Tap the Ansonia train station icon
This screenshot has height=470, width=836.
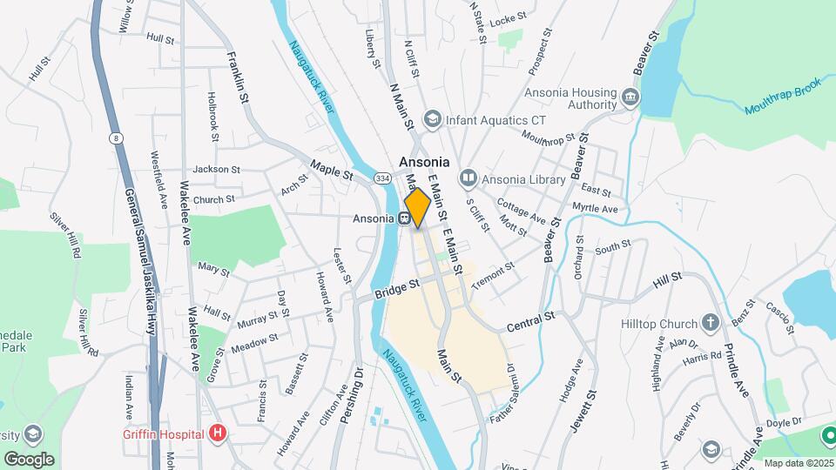tap(405, 218)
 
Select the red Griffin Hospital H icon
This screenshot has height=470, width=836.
tap(218, 433)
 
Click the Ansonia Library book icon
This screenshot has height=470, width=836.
tap(469, 179)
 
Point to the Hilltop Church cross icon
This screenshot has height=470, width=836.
tap(711, 324)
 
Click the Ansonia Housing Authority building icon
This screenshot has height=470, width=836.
tap(630, 96)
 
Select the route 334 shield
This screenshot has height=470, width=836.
tap(381, 178)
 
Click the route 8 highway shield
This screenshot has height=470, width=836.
tap(115, 138)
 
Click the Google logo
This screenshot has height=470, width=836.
tap(29, 460)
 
